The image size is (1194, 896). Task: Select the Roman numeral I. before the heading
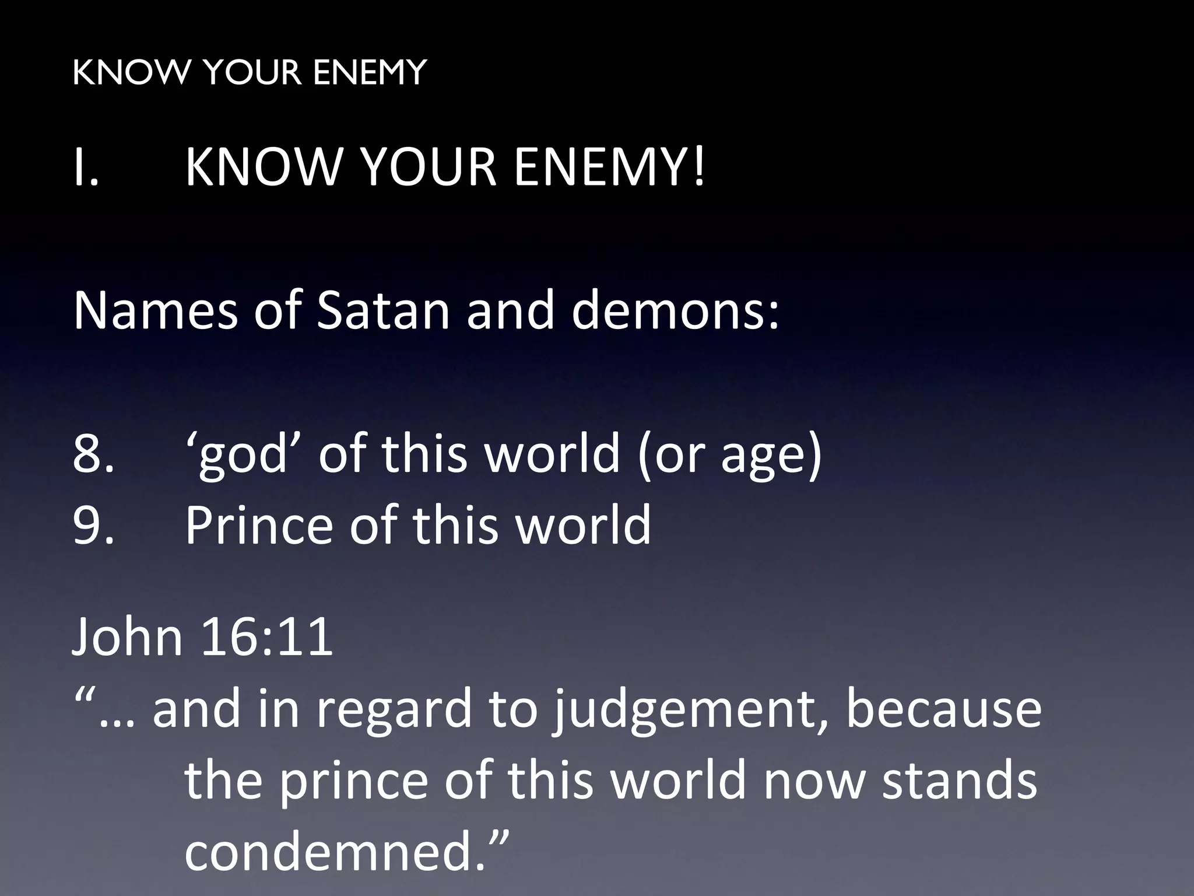tap(86, 167)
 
